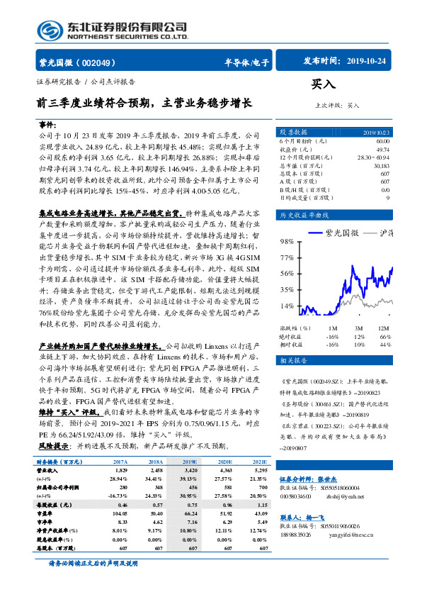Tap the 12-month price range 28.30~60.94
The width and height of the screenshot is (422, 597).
pos(372,157)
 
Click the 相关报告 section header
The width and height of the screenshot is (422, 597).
pos(291,361)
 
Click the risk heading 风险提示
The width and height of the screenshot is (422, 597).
pos(54,427)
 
